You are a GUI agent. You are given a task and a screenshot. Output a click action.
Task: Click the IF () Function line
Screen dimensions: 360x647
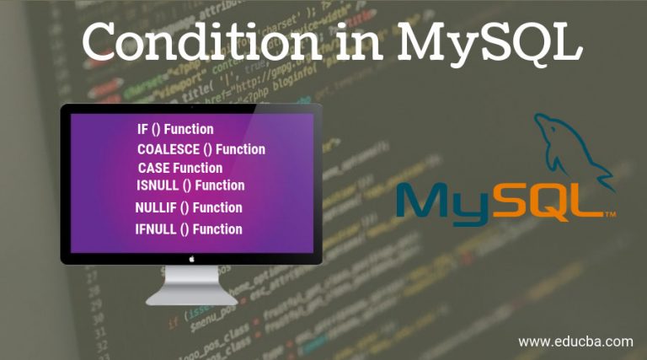click(175, 129)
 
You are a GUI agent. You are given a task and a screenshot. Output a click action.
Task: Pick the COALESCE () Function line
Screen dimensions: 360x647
click(201, 149)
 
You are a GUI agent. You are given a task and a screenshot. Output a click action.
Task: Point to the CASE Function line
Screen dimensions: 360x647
click(180, 168)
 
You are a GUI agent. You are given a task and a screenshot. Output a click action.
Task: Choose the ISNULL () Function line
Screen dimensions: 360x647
click(190, 185)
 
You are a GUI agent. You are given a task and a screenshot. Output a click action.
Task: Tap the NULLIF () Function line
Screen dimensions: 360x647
click(189, 207)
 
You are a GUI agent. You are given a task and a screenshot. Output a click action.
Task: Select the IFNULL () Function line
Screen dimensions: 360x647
click(189, 228)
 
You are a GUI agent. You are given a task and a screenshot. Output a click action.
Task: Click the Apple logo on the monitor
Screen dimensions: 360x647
click(191, 259)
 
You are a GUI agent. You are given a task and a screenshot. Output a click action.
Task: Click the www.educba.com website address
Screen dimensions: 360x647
click(575, 341)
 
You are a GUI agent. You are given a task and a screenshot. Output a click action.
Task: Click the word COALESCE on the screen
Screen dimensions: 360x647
click(168, 149)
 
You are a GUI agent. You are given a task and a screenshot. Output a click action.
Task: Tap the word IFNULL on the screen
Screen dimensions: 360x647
click(156, 228)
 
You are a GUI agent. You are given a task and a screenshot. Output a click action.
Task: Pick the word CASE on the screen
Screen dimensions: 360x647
click(153, 168)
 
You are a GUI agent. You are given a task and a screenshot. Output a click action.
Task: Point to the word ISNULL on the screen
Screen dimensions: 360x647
click(158, 185)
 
